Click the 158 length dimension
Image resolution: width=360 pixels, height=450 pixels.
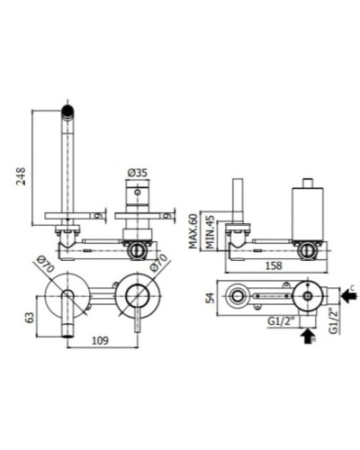tap(274, 265)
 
